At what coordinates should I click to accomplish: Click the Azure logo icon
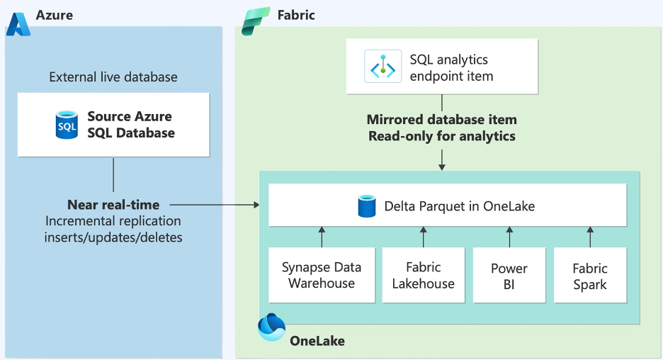click(x=18, y=23)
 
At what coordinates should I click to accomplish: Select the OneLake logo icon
click(x=271, y=327)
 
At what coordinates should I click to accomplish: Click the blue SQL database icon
click(x=67, y=124)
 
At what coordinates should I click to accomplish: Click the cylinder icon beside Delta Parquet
click(x=367, y=206)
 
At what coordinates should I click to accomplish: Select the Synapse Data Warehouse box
click(x=321, y=276)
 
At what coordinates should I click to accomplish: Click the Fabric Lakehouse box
click(x=423, y=276)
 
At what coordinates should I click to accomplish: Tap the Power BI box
click(x=509, y=276)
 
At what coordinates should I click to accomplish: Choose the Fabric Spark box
click(x=590, y=276)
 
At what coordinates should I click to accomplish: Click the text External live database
click(x=113, y=77)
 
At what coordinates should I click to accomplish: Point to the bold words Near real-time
click(x=113, y=205)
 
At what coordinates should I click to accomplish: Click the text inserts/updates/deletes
click(x=113, y=237)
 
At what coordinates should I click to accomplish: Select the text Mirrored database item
click(x=441, y=120)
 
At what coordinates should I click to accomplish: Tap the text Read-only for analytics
click(x=441, y=136)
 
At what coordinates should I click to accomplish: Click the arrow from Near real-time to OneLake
click(x=212, y=205)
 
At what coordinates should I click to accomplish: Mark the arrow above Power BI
click(x=509, y=236)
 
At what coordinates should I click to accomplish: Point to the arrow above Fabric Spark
click(x=590, y=236)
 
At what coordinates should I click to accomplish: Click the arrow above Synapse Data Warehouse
click(x=321, y=236)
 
